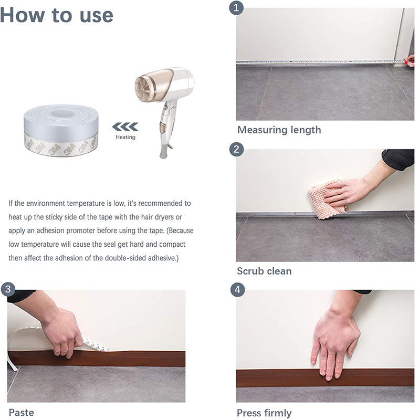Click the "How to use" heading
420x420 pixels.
pyautogui.click(x=57, y=15)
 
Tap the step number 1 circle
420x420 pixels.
pyautogui.click(x=236, y=8)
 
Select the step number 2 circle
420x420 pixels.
pyautogui.click(x=237, y=149)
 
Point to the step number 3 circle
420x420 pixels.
pyautogui.click(x=8, y=289)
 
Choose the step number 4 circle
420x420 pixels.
pyautogui.click(x=238, y=290)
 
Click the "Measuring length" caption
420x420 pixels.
pyautogui.click(x=279, y=130)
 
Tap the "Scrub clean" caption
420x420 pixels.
pyautogui.click(x=264, y=271)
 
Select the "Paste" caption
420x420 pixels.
pyautogui.click(x=22, y=413)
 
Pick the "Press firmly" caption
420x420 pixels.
pyautogui.click(x=264, y=413)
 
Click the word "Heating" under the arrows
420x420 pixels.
pyautogui.click(x=125, y=137)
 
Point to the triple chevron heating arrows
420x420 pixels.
pyautogui.click(x=125, y=127)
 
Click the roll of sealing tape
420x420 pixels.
pyautogui.click(x=61, y=130)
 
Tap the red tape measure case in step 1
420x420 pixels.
pyautogui.click(x=410, y=61)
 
